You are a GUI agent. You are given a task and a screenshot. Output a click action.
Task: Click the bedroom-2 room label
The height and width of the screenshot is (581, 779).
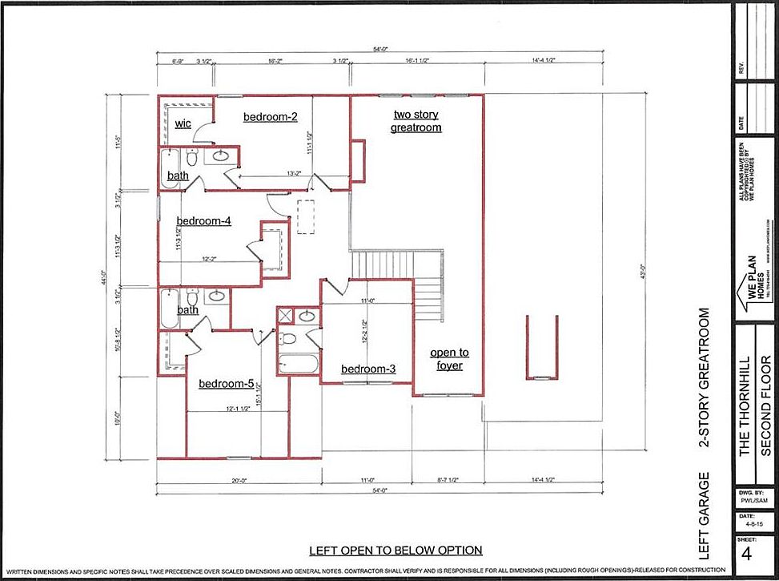coord(271,117)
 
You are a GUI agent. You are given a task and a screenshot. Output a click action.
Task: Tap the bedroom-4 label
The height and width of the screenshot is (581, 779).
coord(204,220)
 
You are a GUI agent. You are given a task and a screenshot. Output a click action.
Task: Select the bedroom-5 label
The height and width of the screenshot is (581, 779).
coord(227,384)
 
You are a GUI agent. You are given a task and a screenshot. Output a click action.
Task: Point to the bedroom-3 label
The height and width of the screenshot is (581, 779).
coord(368,369)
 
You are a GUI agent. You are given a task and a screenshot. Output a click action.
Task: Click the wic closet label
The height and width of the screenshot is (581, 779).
coord(183,123)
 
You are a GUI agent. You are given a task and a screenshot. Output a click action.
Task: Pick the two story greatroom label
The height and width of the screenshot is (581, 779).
coord(416,121)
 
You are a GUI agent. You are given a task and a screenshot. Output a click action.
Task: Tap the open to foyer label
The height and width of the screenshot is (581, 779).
coord(449,359)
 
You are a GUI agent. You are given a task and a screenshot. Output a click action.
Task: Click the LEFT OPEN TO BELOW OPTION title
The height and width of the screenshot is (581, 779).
coord(396,550)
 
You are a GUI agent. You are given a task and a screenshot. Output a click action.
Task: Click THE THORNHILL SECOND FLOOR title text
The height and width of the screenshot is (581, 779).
coord(755,405)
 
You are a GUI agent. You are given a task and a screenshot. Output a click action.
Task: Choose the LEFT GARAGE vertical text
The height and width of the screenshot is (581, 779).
coord(705,515)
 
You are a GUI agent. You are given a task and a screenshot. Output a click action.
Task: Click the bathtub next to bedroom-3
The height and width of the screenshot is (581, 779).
coord(299,362)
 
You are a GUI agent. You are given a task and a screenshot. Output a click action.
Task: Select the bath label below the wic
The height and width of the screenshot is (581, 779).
coord(178,176)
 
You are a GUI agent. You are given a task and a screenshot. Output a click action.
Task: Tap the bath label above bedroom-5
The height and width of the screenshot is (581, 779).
coord(187,310)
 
